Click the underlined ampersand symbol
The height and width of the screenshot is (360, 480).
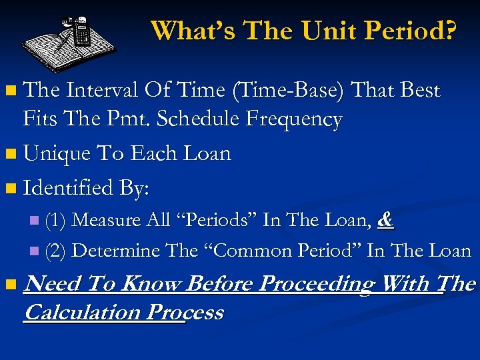[x=384, y=220]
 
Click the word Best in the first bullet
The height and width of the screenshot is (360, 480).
[x=417, y=90]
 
